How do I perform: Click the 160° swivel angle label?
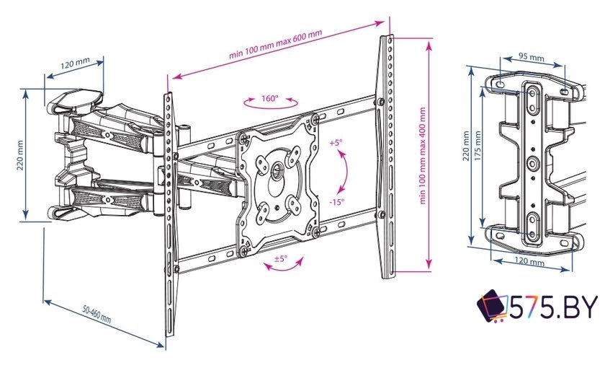(269, 98)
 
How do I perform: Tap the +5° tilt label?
(336, 143)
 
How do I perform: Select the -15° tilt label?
(337, 202)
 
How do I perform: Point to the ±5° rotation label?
(281, 258)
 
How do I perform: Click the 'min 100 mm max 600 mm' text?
(275, 45)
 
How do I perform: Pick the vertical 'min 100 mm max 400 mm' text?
(423, 155)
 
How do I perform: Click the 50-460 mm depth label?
(97, 315)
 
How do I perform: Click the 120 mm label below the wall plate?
(529, 261)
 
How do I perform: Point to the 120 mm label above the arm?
(75, 63)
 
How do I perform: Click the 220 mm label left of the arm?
(20, 154)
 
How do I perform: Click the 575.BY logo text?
(554, 307)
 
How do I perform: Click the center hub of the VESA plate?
(277, 169)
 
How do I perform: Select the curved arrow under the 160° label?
(271, 104)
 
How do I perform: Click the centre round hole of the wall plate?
(533, 164)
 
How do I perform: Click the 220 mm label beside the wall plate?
(467, 146)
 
